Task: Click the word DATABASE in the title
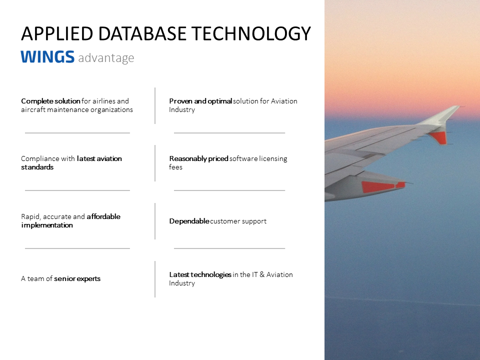(x=142, y=33)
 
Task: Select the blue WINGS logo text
(x=47, y=57)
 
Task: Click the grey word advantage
(x=106, y=58)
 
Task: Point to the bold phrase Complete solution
(x=50, y=101)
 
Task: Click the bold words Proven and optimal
(x=200, y=101)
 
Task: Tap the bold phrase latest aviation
(x=99, y=158)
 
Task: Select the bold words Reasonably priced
(x=198, y=158)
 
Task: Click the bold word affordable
(x=103, y=216)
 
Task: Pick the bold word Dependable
(x=189, y=221)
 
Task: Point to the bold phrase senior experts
(x=77, y=278)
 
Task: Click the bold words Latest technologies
(x=200, y=274)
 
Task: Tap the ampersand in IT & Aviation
(x=262, y=274)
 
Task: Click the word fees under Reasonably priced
(x=175, y=167)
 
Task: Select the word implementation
(x=47, y=225)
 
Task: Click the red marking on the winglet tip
(x=437, y=138)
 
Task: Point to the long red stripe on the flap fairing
(x=378, y=187)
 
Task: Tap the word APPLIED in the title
(x=57, y=33)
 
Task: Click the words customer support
(x=238, y=221)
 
